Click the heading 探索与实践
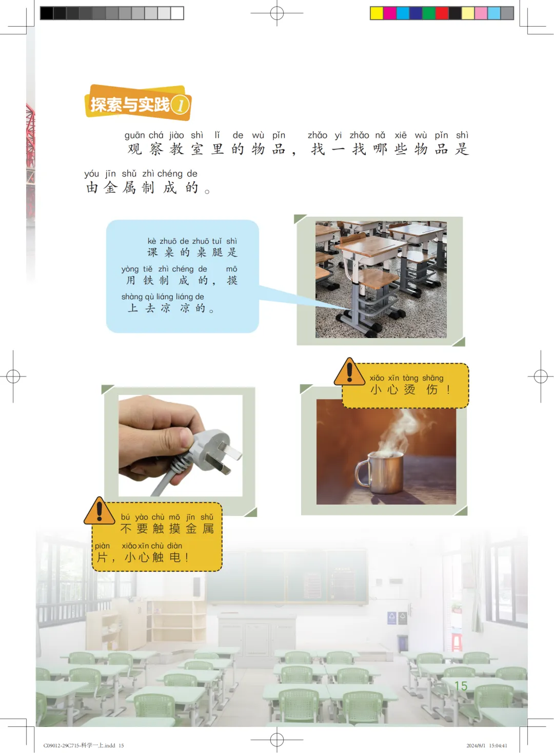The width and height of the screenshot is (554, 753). click(x=130, y=104)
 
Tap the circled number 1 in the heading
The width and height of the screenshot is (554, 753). click(x=180, y=105)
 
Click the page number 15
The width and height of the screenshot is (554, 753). click(x=461, y=686)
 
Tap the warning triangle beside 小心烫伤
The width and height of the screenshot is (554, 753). click(x=349, y=372)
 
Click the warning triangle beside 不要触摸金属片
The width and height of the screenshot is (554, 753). click(x=100, y=511)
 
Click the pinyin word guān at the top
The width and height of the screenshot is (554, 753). click(x=134, y=135)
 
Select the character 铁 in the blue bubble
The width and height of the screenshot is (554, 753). click(x=148, y=280)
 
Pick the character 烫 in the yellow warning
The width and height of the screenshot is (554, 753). click(x=410, y=389)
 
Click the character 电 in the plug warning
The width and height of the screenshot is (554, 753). click(x=175, y=557)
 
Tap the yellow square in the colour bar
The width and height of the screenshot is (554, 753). click(x=377, y=13)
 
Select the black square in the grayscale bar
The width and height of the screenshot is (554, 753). click(x=47, y=13)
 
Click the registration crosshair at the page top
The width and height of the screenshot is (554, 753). click(x=277, y=13)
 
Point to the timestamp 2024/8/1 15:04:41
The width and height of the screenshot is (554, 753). click(x=487, y=746)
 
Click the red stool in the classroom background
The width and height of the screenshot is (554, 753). click(x=456, y=642)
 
